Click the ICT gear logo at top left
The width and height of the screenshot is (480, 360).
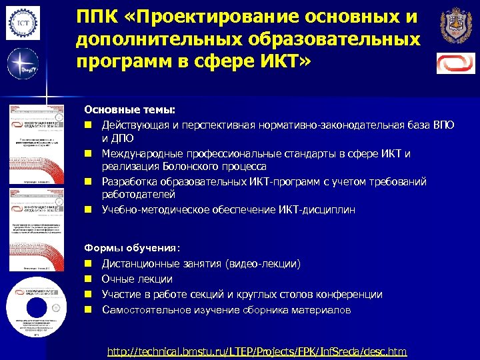(x=23, y=23)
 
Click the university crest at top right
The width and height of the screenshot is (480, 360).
(x=456, y=26)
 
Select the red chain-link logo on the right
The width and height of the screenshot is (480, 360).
(x=456, y=63)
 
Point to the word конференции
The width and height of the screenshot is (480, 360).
(x=351, y=295)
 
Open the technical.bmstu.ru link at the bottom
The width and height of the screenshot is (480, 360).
(x=257, y=351)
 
